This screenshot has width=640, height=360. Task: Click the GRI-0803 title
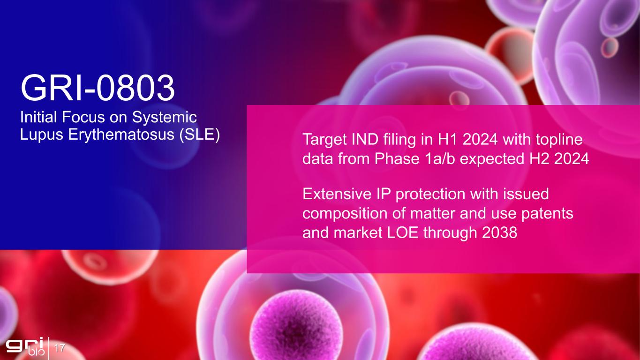98,88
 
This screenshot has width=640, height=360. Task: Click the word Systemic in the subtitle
164,117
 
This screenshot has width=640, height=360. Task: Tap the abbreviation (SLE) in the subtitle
200,134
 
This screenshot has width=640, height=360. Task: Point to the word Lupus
42,135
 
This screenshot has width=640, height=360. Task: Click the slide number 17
60,348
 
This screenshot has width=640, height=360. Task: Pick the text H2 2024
559,159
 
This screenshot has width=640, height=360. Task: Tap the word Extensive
337,194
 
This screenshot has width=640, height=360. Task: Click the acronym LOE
403,233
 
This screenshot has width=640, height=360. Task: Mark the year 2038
500,233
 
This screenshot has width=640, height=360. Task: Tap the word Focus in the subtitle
83,117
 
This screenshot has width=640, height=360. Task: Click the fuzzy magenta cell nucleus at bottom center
297,325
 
